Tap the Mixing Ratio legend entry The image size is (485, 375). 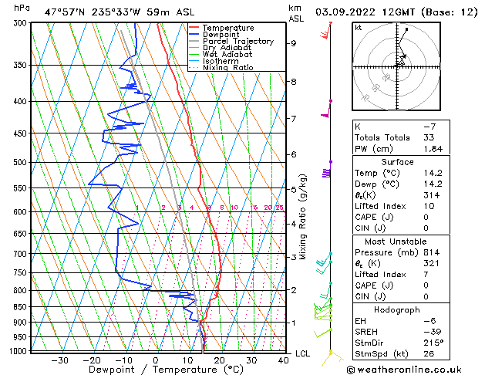tap(228, 68)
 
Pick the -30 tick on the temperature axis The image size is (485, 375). tap(59, 360)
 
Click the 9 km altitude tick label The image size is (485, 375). tap(294, 43)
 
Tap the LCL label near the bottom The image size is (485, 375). tap(303, 353)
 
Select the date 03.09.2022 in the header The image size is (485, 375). tap(354, 12)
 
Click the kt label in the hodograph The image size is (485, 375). tap(359, 27)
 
